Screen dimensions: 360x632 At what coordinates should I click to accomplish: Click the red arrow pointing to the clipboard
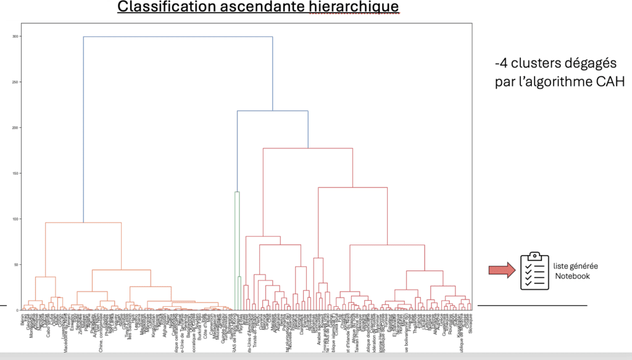point(501,269)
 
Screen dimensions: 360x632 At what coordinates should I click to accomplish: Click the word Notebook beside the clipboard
point(572,276)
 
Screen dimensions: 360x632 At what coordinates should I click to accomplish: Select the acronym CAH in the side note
point(609,82)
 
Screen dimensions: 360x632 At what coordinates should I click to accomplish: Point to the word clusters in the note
point(531,63)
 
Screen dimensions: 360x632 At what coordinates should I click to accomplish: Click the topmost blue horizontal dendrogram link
point(178,37)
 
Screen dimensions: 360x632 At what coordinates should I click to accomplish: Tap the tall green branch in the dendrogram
point(235,247)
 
